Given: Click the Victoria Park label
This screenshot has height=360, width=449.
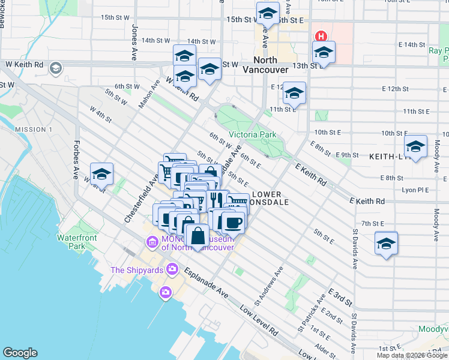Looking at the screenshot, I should pos(252,134).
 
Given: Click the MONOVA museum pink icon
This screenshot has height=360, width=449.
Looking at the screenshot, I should pos(151,242).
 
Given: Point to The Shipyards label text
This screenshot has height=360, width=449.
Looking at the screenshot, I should pos(137,270).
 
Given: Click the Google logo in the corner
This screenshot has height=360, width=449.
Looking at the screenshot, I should pos(20,353).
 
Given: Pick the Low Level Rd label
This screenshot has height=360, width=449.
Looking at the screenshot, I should pos(259,321).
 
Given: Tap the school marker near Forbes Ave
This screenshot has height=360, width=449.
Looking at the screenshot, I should pos(101,173).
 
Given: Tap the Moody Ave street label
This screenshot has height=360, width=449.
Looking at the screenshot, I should pos(436,222).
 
